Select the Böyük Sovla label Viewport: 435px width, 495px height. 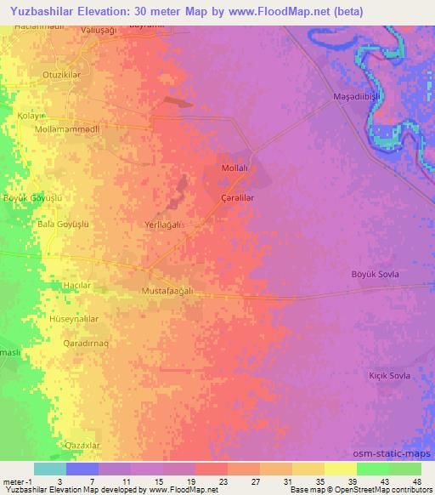click(375, 274)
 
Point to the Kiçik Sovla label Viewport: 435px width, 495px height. click(389, 375)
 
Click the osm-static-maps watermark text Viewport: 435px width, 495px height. click(395, 455)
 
